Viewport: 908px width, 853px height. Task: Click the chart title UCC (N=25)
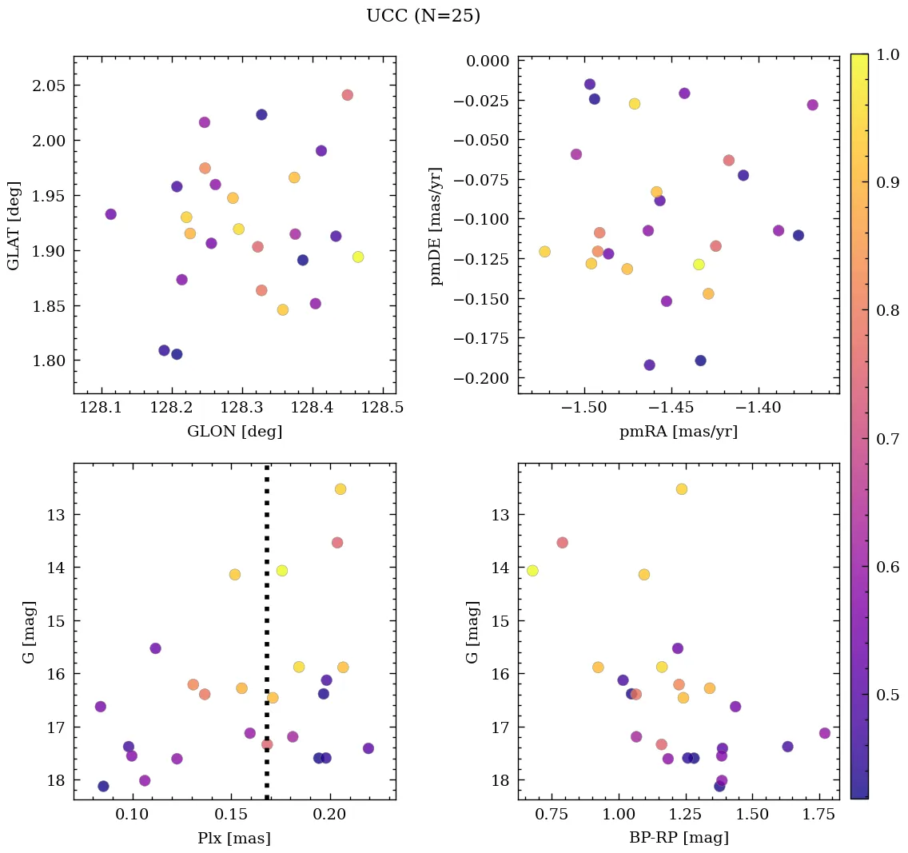pos(423,16)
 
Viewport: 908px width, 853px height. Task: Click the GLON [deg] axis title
pos(234,432)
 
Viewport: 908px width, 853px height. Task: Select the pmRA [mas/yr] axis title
pos(678,432)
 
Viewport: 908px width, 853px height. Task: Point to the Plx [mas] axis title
pos(234,838)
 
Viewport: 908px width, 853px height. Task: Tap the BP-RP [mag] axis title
pos(678,838)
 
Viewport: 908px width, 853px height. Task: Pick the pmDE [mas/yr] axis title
pos(436,225)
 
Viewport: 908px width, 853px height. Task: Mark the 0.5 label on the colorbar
pos(885,694)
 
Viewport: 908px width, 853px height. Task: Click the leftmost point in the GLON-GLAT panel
pos(110,214)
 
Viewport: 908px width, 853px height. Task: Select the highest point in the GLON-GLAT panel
pos(347,95)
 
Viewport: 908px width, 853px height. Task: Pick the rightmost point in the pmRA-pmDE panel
pos(812,105)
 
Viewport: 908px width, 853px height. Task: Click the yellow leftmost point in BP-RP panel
pos(532,571)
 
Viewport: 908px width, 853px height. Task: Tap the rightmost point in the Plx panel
pos(368,748)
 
